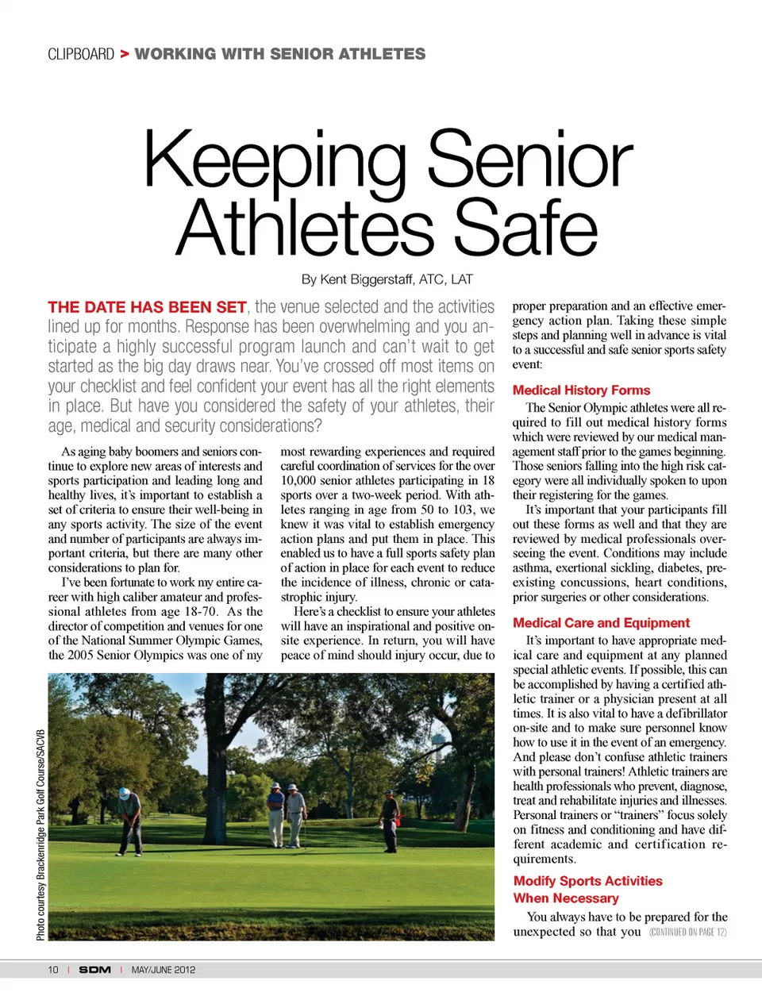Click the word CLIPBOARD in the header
click(x=81, y=54)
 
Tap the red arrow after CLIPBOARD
click(x=125, y=54)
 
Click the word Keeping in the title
click(x=275, y=160)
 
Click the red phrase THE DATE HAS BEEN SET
click(x=147, y=307)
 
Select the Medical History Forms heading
click(x=581, y=390)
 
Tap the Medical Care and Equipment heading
click(x=601, y=623)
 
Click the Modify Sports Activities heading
click(x=587, y=881)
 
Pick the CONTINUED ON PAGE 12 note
click(x=687, y=932)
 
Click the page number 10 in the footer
click(x=53, y=970)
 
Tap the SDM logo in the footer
click(x=94, y=970)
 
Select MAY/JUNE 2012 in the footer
click(x=164, y=970)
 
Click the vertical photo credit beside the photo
click(x=40, y=833)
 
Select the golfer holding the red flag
click(x=390, y=817)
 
